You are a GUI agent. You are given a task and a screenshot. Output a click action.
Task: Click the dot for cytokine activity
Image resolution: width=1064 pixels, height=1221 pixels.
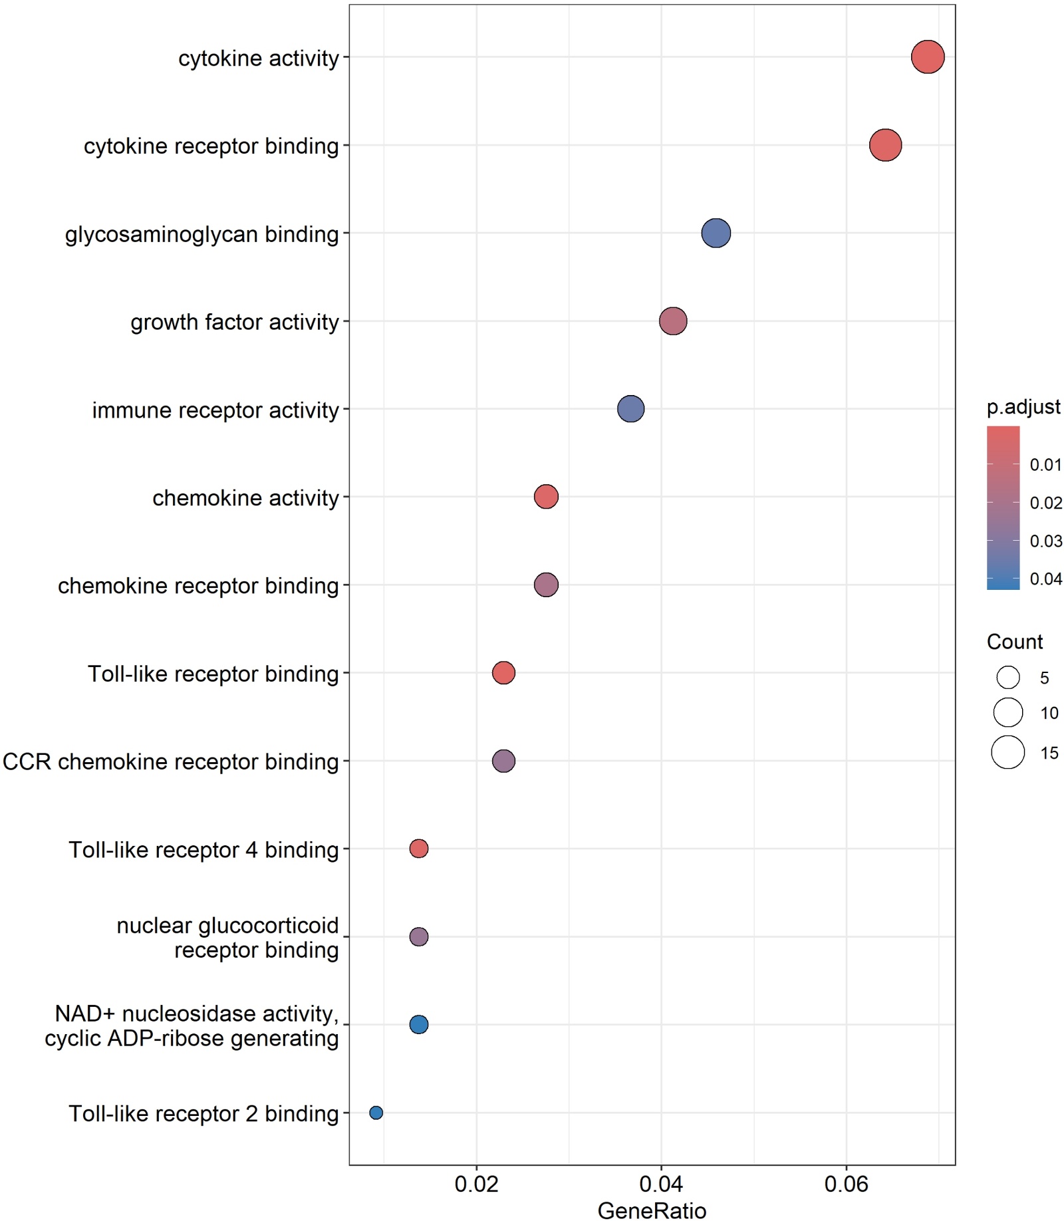point(927,57)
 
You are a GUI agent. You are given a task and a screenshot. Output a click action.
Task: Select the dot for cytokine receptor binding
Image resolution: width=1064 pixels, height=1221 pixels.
point(885,145)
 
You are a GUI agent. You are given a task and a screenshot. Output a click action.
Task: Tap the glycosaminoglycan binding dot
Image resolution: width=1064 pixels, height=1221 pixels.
point(716,233)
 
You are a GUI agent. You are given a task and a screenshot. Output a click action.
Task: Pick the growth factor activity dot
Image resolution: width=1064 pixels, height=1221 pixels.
point(673,321)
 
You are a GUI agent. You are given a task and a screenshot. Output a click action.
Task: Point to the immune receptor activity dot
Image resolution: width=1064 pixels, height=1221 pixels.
point(630,409)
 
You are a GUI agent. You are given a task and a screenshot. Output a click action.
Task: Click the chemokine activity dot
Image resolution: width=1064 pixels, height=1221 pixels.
point(546,497)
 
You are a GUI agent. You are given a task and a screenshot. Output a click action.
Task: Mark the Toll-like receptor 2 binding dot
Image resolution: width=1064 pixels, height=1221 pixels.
point(376,1113)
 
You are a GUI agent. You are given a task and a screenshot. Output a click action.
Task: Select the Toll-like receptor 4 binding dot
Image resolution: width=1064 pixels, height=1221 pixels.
point(418,849)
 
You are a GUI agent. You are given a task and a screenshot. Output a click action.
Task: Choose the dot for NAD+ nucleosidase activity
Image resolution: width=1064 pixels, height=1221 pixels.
point(418,1024)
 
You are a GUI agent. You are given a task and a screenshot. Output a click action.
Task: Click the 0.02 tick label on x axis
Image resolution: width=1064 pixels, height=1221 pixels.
point(476,1184)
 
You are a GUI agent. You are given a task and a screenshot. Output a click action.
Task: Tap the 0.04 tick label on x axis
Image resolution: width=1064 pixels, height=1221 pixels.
point(661,1184)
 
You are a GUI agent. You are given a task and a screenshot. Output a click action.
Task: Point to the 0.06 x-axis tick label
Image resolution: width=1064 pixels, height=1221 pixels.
point(846,1184)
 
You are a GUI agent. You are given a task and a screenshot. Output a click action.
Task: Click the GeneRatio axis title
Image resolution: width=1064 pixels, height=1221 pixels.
point(652,1210)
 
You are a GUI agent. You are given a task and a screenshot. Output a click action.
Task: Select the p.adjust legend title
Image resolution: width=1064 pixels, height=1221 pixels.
point(1023,407)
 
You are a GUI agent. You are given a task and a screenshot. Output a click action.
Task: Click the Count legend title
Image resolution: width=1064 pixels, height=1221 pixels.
point(1014,642)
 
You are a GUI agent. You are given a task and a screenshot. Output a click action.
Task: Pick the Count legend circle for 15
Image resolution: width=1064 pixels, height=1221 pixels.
point(1008,753)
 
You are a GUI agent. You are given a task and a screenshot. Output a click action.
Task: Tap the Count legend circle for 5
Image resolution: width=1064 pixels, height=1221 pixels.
point(1008,678)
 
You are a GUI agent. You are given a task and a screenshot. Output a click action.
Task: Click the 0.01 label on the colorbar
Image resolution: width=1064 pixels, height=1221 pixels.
point(1045,465)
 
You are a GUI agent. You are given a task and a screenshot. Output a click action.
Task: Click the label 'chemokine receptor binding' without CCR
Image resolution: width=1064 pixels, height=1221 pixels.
point(198,586)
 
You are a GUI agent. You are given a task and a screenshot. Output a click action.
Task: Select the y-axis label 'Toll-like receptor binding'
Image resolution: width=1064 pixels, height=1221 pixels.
point(213,674)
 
